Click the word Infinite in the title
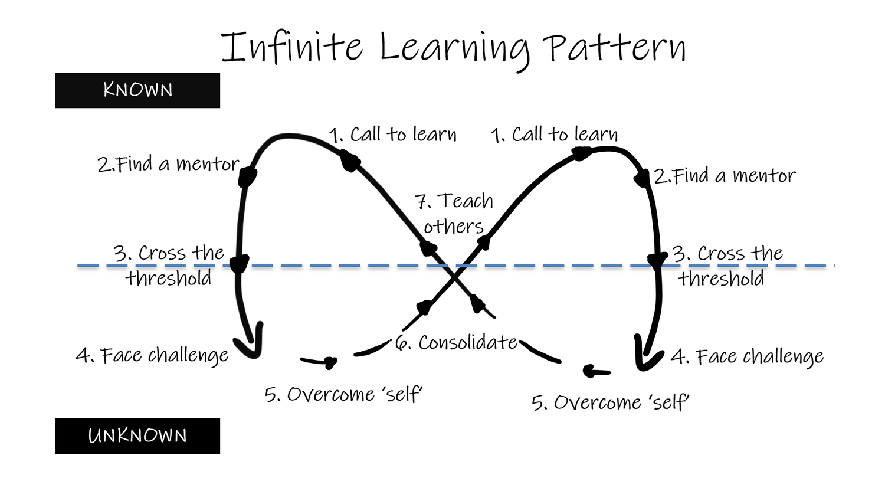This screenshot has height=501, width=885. tap(292, 47)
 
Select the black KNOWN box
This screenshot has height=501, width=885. tap(137, 90)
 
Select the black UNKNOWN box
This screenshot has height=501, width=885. tap(137, 436)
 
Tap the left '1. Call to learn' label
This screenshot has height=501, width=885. tap(393, 135)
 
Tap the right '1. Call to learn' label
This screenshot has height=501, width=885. tap(555, 135)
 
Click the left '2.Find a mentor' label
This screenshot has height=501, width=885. tap(168, 164)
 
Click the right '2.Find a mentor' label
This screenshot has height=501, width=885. tap(725, 176)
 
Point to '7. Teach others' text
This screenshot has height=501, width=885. tap(454, 214)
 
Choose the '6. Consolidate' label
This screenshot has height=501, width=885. tap(457, 343)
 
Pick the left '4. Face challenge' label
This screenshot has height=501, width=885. tap(152, 356)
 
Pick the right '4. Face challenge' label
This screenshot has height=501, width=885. tap(748, 357)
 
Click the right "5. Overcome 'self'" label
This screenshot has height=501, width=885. tap(611, 403)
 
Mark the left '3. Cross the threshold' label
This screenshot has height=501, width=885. tap(169, 266)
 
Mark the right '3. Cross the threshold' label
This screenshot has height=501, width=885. tap(727, 266)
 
